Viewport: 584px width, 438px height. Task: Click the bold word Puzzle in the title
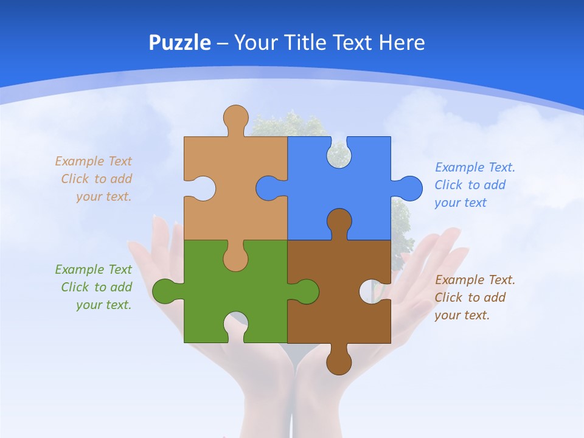point(180,43)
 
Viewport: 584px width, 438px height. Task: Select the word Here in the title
point(401,43)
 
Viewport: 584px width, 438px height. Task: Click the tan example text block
point(95,179)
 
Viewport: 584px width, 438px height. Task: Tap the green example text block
point(95,287)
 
